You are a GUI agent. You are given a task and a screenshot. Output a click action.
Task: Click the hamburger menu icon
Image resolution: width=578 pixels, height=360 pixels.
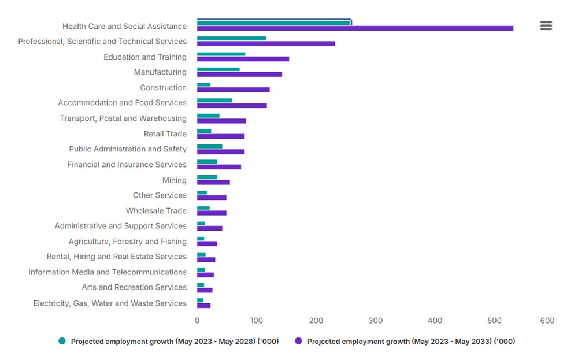click(x=546, y=25)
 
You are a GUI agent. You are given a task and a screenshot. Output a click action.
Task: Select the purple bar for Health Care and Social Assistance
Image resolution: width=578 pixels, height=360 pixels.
click(x=355, y=28)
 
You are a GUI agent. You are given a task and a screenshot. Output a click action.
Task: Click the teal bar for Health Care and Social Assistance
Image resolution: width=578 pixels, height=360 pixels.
click(x=273, y=23)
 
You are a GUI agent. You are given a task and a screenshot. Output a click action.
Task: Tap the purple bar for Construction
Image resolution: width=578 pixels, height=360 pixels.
click(x=233, y=90)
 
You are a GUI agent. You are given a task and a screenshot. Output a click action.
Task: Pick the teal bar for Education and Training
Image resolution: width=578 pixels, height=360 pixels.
click(x=221, y=54)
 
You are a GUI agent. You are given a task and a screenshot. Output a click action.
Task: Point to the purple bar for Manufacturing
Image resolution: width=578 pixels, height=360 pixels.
click(x=239, y=74)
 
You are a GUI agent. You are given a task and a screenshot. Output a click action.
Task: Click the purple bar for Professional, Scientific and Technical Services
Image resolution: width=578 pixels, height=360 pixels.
click(x=266, y=44)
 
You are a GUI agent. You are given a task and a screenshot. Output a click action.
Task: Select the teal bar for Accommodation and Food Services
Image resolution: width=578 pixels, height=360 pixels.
click(x=214, y=100)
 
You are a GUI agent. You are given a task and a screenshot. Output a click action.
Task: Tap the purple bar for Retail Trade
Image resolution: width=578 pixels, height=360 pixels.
click(x=221, y=136)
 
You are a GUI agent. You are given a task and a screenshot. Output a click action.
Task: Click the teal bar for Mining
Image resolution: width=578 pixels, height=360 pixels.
click(x=207, y=177)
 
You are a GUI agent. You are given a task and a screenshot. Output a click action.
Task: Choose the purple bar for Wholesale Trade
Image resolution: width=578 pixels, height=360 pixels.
click(x=212, y=213)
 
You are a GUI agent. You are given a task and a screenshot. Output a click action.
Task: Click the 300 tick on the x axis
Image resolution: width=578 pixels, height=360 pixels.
click(x=376, y=321)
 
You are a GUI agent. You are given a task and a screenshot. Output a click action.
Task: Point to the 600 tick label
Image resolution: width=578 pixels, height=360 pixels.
click(x=547, y=321)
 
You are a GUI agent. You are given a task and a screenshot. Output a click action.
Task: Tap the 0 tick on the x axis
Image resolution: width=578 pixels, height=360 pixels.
click(x=197, y=321)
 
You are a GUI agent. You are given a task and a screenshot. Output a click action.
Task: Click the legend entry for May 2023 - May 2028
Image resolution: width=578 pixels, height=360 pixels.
click(x=174, y=342)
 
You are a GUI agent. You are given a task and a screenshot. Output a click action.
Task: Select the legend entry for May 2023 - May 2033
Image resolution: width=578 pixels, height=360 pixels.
click(x=410, y=342)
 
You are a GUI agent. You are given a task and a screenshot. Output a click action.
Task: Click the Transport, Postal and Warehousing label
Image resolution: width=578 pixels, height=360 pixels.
click(x=123, y=118)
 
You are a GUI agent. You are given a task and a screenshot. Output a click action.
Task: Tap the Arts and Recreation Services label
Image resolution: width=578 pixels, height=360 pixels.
click(x=134, y=287)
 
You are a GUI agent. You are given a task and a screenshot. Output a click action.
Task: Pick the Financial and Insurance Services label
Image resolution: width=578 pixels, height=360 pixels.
click(x=127, y=165)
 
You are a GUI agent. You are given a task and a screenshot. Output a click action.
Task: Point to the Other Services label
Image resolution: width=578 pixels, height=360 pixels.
click(x=160, y=195)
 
